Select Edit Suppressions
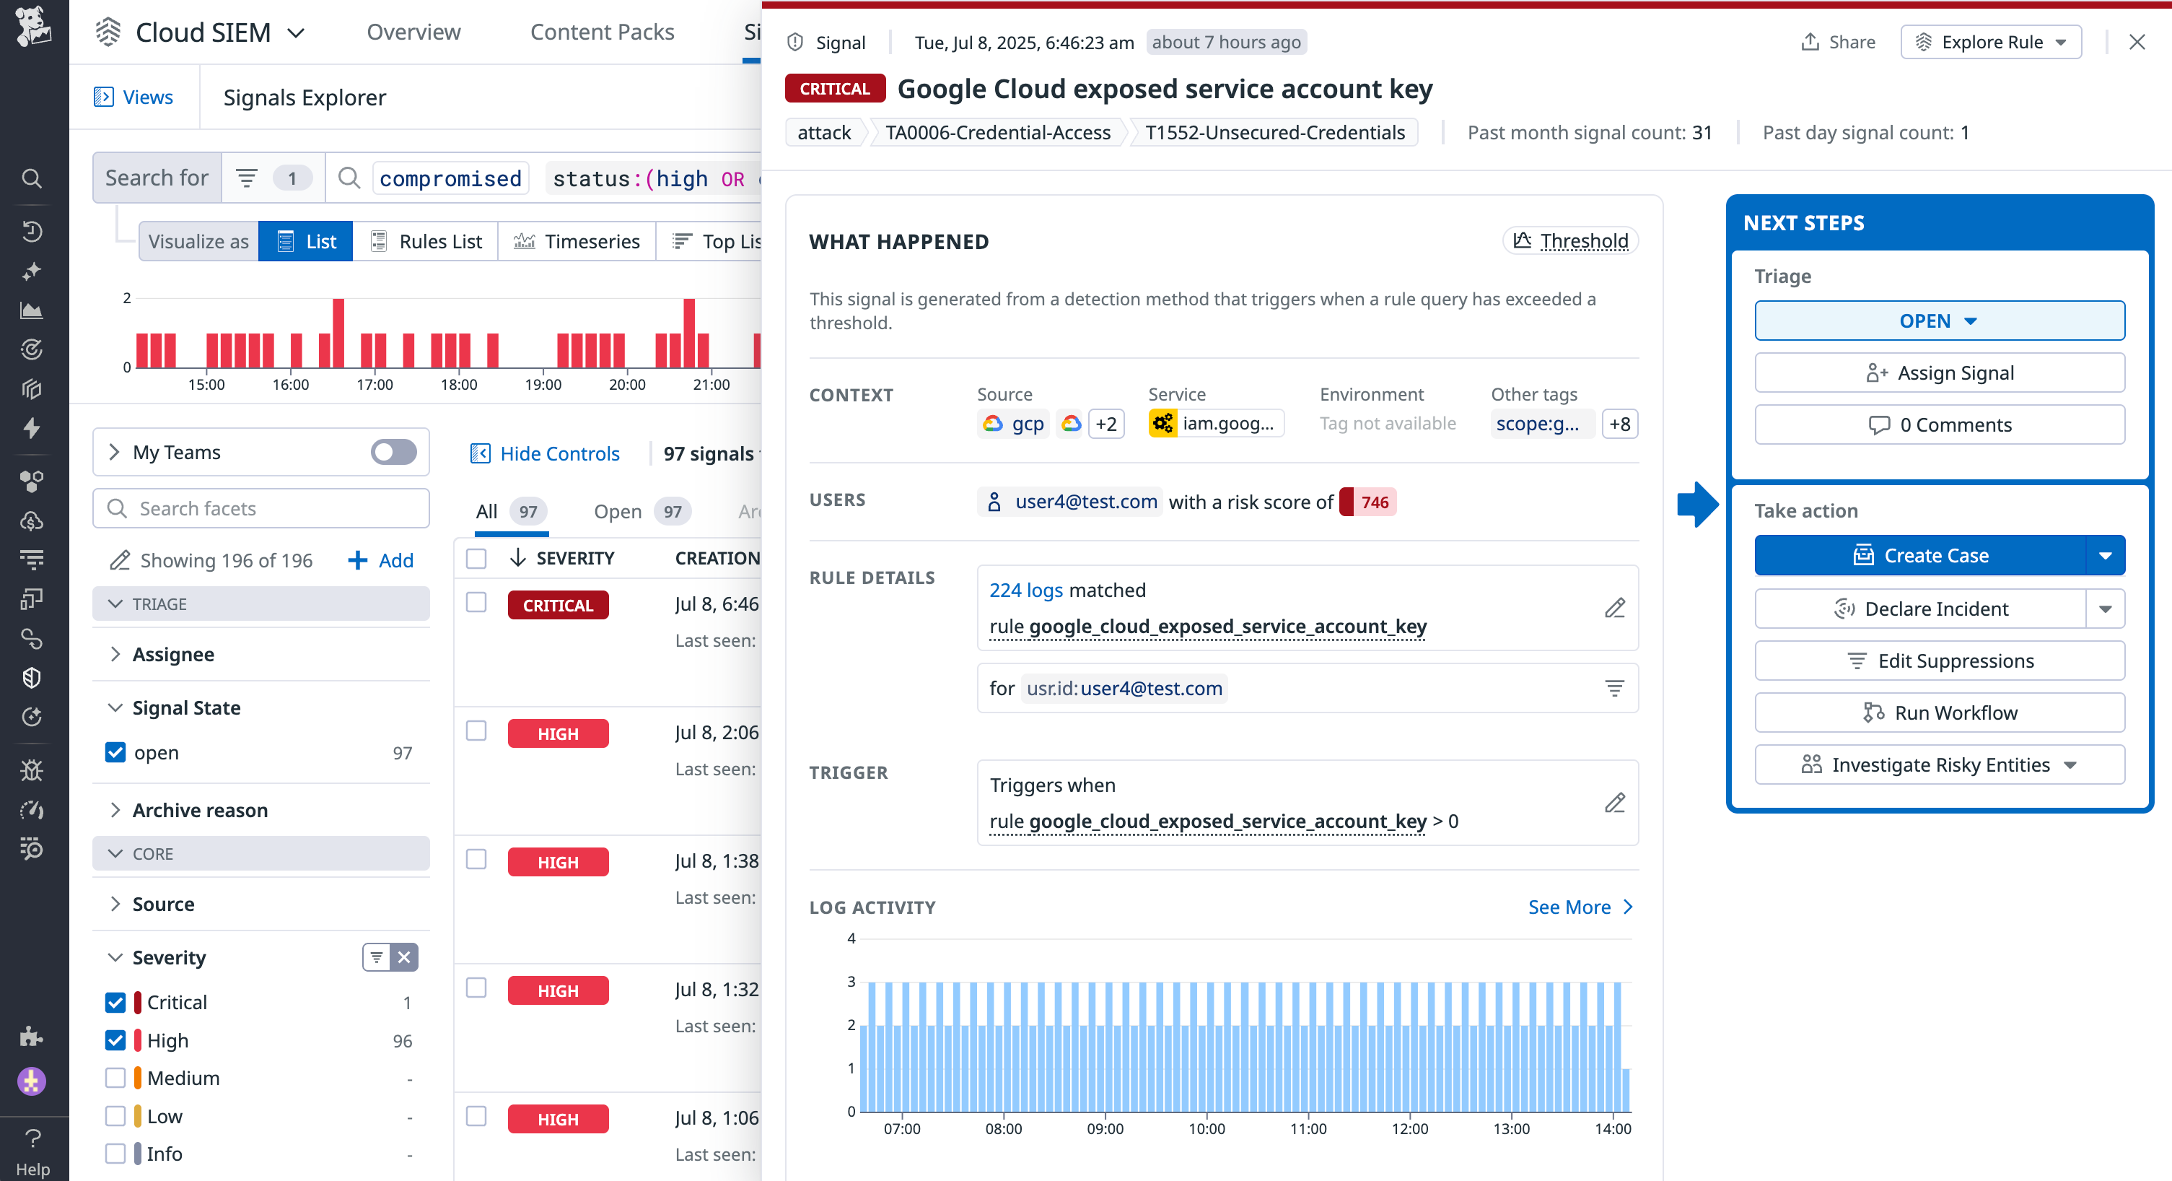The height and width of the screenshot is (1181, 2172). click(1940, 661)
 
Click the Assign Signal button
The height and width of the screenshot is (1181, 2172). click(1940, 373)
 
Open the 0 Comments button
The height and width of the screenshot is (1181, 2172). click(1940, 425)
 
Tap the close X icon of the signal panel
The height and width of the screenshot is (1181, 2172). click(2137, 42)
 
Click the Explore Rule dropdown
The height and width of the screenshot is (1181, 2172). click(1991, 42)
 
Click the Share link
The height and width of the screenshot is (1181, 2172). click(1839, 42)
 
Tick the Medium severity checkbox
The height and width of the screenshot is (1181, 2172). click(115, 1078)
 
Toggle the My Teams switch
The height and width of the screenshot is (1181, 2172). click(393, 452)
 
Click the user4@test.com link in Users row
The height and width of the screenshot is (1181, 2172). click(1085, 502)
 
